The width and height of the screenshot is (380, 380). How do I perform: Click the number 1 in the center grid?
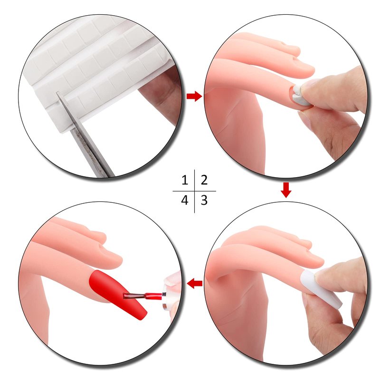tap(185, 180)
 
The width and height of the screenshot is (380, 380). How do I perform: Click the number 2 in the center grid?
tap(204, 180)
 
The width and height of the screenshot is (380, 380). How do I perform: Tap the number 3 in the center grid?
tap(204, 200)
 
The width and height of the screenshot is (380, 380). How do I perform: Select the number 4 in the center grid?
tap(185, 200)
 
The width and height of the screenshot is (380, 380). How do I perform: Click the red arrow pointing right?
tap(194, 96)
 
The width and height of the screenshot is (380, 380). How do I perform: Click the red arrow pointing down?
tap(286, 190)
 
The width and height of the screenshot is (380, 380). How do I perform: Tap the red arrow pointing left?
tap(195, 283)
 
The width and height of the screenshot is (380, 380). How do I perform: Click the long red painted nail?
tap(116, 293)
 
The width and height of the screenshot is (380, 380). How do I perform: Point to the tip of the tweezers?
tap(57, 92)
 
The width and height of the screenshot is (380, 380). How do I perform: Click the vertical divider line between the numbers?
tap(194, 191)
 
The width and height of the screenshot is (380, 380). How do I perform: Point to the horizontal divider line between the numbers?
tap(194, 191)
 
